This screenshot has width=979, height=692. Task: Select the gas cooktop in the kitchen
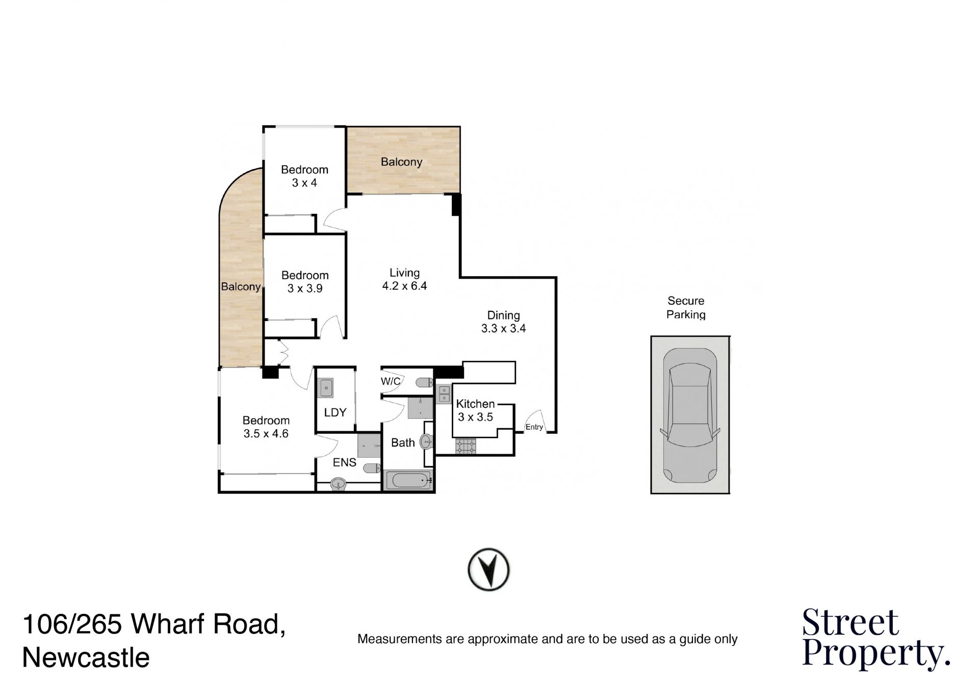point(466,447)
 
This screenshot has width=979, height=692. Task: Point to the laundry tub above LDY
point(326,388)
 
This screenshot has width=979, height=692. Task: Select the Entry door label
point(534,427)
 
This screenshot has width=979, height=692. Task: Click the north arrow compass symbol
point(488,570)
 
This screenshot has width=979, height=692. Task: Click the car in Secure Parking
point(690,415)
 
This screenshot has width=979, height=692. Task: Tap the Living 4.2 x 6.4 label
point(405,279)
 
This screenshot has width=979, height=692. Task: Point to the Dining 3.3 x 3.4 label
point(504,322)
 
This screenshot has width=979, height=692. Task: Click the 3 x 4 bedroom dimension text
point(304,183)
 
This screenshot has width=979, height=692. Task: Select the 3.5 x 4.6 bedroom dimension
point(266,434)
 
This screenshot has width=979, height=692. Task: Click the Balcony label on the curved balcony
point(241,287)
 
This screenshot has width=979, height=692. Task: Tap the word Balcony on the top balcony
point(402,162)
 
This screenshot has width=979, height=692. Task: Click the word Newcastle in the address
point(86,658)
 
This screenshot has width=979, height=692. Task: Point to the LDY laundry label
point(336,412)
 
